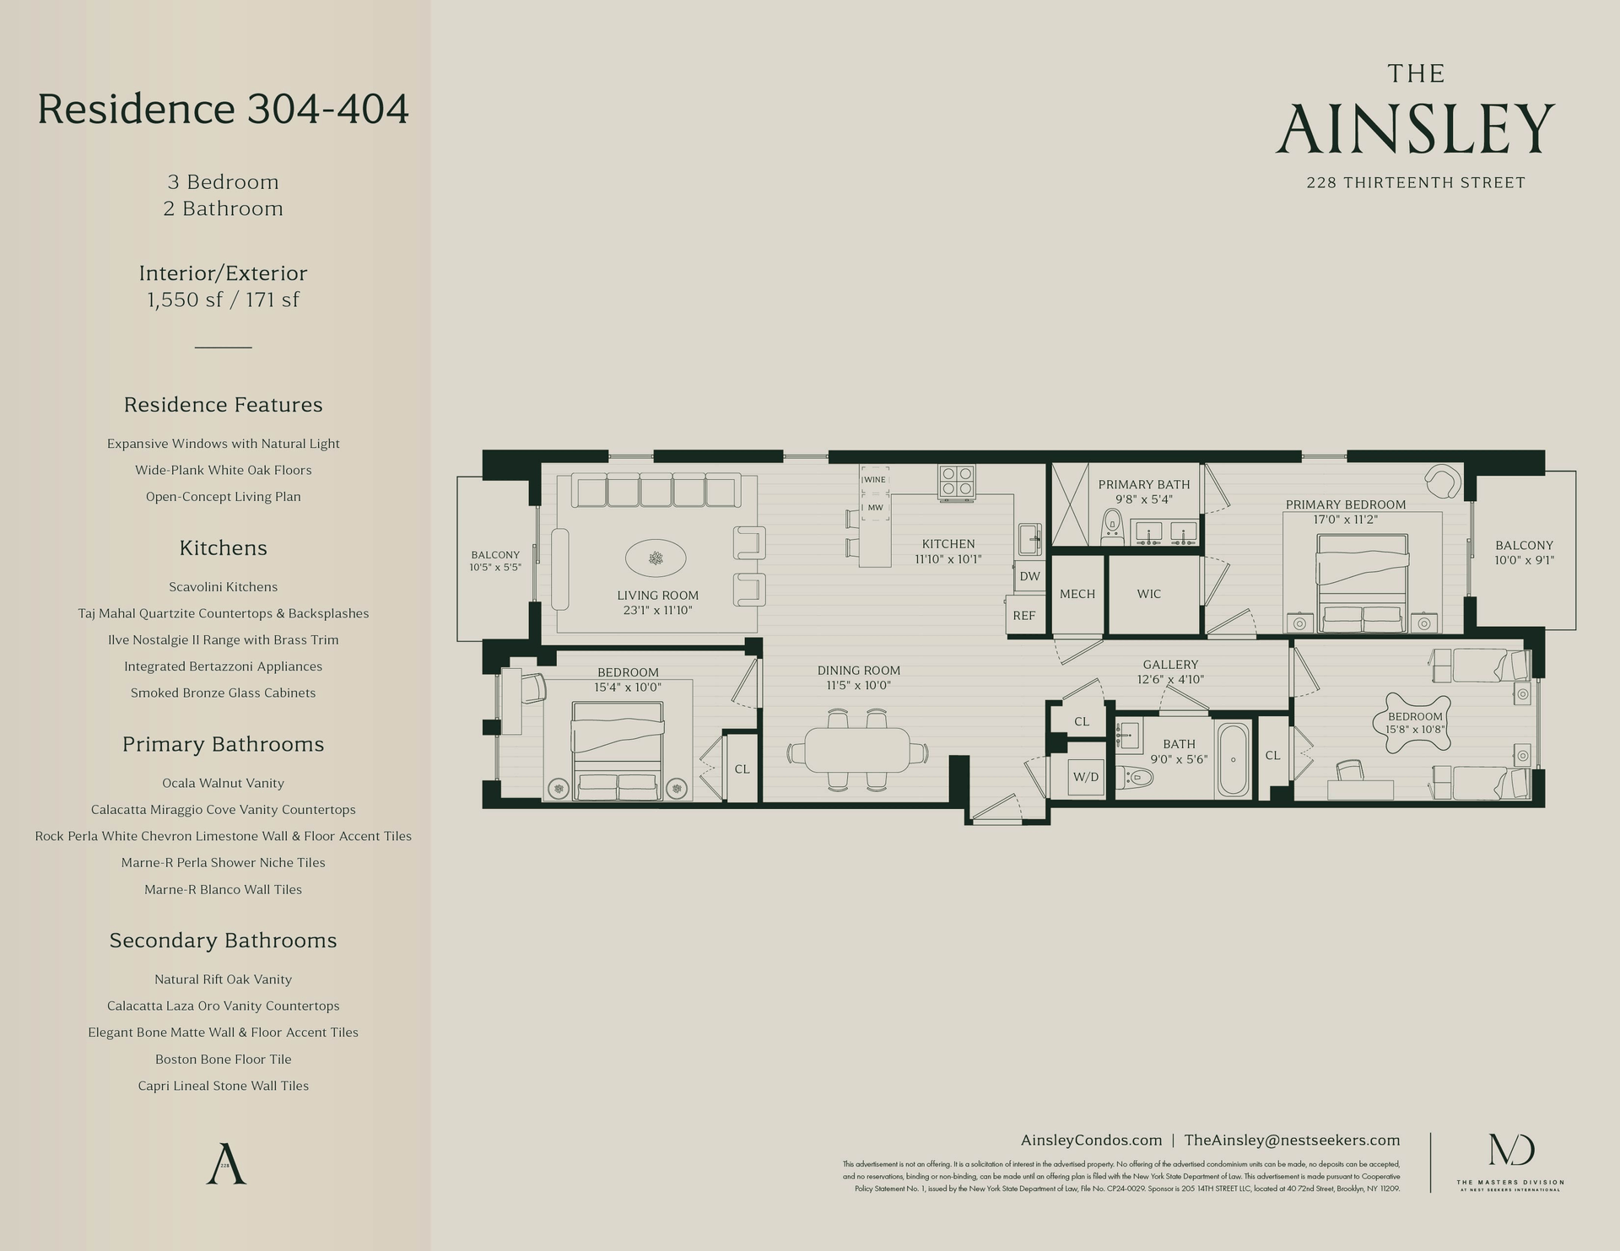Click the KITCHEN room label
pos(948,544)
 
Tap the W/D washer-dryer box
pos(1086,776)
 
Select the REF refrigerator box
pos(1023,615)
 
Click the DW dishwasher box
pos(1029,576)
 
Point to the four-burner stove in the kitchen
pos(958,480)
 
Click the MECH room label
pos(1077,594)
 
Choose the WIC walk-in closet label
pos(1148,594)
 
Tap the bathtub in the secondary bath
pos(1234,760)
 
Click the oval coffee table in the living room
pos(656,558)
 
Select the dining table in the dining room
pos(857,750)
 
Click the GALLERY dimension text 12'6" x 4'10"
pos(1170,679)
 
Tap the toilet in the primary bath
pos(1113,527)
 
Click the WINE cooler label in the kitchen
pos(874,479)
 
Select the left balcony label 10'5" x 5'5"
pos(495,567)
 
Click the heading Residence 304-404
pos(224,110)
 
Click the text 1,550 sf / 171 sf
pos(224,299)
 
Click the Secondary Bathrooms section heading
pos(224,941)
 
